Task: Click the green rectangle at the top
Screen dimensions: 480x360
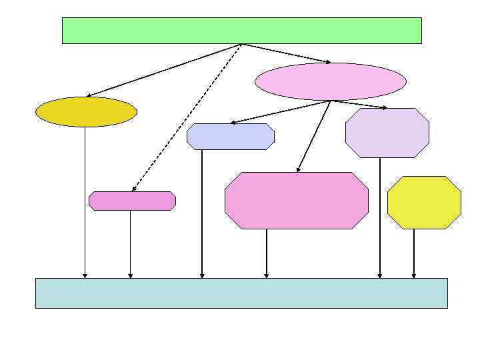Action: click(241, 31)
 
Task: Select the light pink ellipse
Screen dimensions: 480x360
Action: click(330, 81)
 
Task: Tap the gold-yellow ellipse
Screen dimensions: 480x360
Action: click(86, 111)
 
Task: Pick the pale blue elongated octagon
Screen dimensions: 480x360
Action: click(231, 136)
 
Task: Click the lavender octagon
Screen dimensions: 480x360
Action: click(387, 133)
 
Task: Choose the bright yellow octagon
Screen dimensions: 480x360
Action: click(424, 202)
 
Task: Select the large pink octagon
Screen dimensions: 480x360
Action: click(297, 200)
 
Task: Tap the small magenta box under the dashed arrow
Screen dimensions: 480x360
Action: click(132, 201)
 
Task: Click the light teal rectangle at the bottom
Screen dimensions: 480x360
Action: click(241, 293)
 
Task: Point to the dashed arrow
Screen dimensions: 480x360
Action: click(187, 117)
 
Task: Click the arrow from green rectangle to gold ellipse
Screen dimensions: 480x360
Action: click(163, 70)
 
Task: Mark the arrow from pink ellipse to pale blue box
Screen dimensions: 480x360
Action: click(280, 112)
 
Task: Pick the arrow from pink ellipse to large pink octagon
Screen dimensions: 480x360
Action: click(313, 137)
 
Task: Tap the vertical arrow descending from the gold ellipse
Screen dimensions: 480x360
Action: click(85, 200)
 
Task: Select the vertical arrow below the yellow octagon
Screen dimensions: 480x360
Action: click(413, 253)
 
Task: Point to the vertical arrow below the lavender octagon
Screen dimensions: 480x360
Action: click(379, 217)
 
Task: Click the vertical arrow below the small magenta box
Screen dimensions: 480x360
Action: click(130, 243)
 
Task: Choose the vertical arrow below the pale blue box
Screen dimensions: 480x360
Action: click(201, 213)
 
